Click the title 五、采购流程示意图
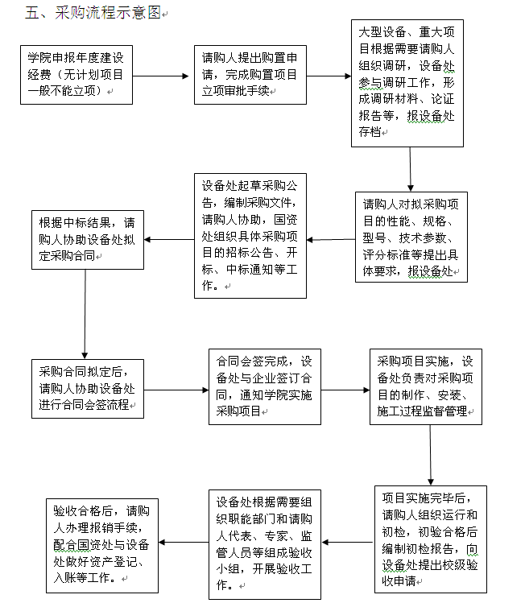point(93,13)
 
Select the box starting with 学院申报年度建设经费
point(76,75)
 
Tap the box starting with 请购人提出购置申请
point(250,75)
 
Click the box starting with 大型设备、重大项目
point(407,83)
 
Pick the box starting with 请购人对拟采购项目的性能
point(411,237)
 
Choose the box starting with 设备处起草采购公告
point(250,236)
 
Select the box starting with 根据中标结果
point(88,240)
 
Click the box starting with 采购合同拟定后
point(88,389)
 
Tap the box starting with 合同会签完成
point(265,387)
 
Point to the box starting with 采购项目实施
point(426,387)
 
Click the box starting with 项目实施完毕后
point(431,539)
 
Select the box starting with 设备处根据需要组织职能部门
point(265,544)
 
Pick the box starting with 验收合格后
point(102,546)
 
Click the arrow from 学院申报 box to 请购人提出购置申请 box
point(161,76)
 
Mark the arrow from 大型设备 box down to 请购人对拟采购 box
point(411,169)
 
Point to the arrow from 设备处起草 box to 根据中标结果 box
point(169,240)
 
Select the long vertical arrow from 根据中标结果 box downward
point(85,315)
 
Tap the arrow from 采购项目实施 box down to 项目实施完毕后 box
point(430,456)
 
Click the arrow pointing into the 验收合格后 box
point(184,543)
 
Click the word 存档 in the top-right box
point(370,132)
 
